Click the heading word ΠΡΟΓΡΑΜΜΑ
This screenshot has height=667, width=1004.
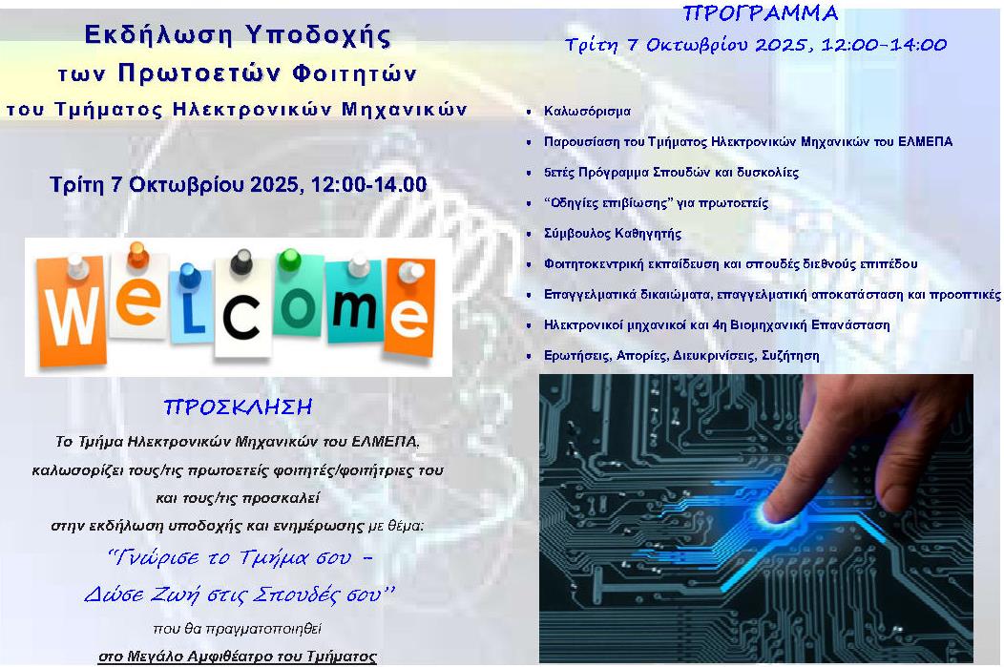[761, 13]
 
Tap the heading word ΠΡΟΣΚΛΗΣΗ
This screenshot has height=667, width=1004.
[238, 407]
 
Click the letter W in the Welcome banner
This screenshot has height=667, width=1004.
[72, 315]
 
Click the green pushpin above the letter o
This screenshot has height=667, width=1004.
[289, 260]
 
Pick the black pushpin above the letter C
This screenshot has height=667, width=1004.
[241, 261]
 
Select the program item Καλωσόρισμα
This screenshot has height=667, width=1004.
[587, 112]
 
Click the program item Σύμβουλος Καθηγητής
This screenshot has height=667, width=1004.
[612, 234]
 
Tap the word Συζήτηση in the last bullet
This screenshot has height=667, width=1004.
[790, 355]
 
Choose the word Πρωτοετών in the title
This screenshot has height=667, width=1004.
[199, 74]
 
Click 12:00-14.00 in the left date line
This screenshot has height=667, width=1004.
[368, 184]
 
